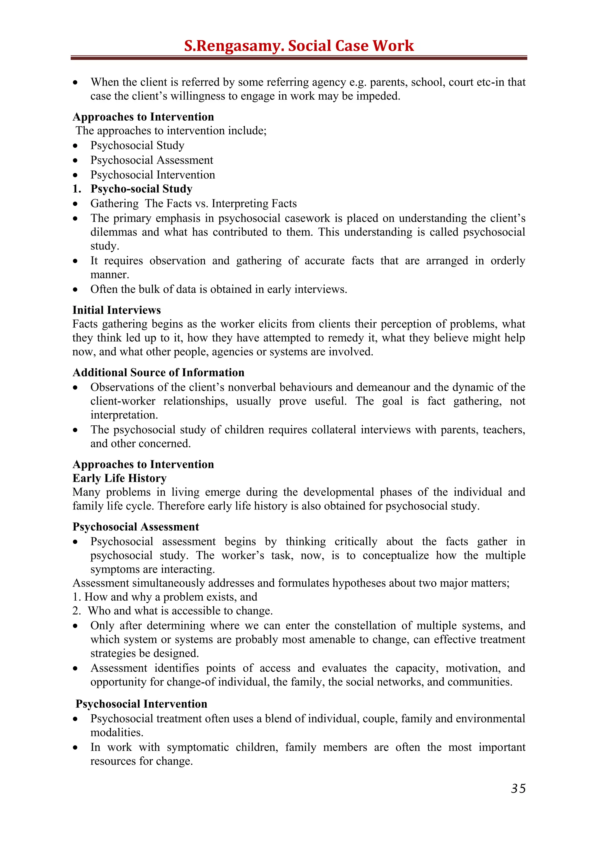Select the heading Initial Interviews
tap(117, 310)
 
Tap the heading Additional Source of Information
tap(158, 372)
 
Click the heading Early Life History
tap(119, 478)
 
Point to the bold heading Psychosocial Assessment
tap(135, 527)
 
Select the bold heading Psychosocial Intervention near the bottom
tap(141, 704)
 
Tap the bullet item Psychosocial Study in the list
tap(137, 145)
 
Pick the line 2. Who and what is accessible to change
tap(172, 611)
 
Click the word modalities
tap(117, 733)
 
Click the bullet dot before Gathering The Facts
tap(76, 204)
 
